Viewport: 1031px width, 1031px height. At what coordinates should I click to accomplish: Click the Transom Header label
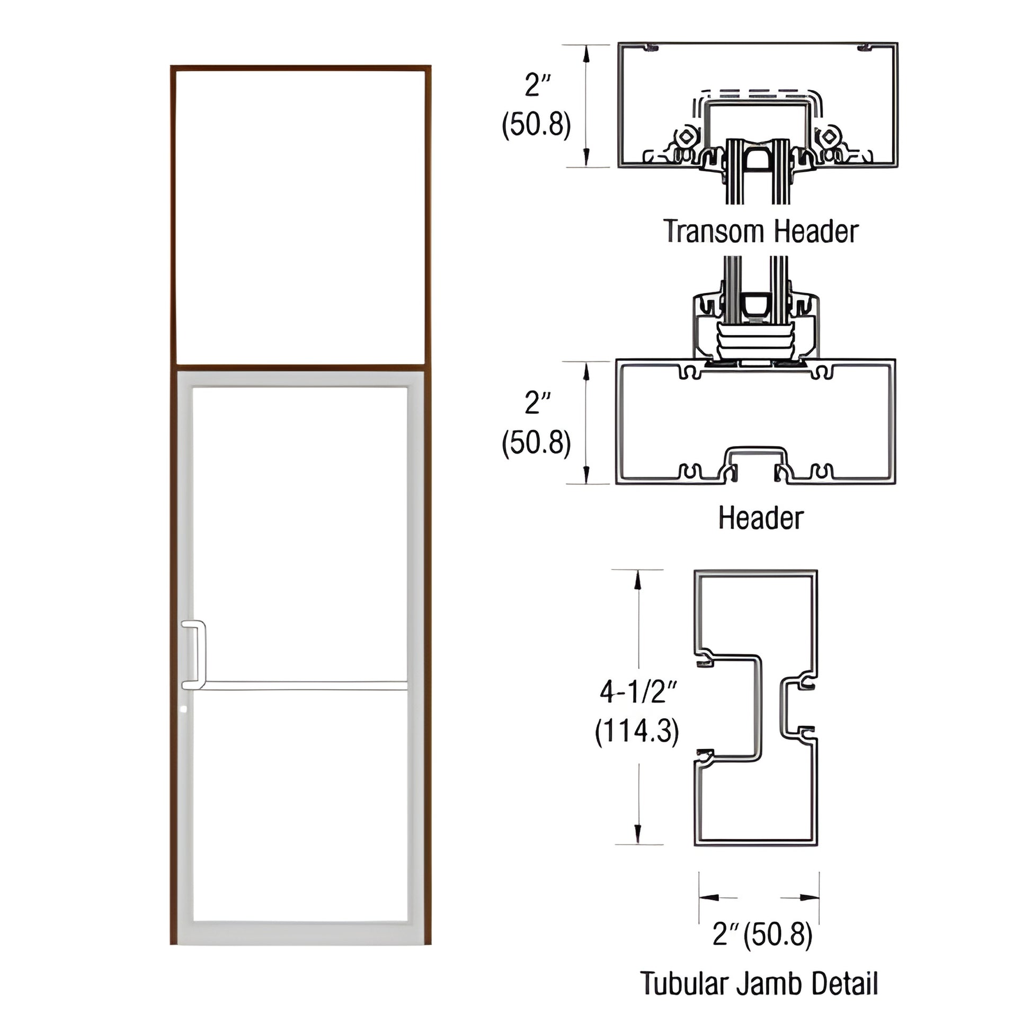(x=761, y=232)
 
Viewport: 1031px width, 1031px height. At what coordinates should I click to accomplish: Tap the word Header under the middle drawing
(x=760, y=518)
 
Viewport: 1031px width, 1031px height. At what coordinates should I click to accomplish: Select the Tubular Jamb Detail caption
(x=759, y=983)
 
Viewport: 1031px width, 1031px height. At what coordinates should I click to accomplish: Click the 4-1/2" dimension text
(x=638, y=693)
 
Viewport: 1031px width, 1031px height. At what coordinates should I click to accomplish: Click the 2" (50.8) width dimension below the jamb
(x=762, y=934)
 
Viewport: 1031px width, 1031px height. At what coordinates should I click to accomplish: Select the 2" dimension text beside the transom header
(x=537, y=85)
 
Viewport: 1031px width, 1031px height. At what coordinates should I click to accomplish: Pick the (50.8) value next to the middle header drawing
(x=536, y=443)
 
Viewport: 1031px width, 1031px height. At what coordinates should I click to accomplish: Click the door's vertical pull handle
(x=201, y=654)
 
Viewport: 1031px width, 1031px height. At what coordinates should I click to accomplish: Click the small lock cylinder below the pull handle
(x=184, y=710)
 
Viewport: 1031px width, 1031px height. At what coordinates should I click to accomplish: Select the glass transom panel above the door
(x=300, y=216)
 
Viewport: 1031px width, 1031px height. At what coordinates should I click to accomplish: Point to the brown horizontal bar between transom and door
(x=300, y=368)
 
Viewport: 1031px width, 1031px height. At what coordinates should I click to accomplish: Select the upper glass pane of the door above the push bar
(x=300, y=534)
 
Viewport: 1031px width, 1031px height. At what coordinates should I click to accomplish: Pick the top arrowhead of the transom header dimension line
(x=586, y=54)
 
